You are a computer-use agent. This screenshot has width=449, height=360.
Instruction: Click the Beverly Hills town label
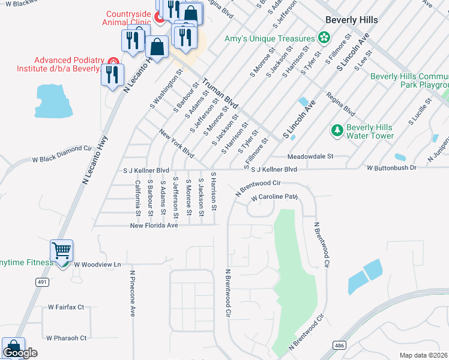pyautogui.click(x=351, y=20)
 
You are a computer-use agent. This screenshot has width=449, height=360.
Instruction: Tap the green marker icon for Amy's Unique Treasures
pyautogui.click(x=324, y=38)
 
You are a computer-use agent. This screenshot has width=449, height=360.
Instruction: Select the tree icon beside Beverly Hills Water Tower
pyautogui.click(x=337, y=130)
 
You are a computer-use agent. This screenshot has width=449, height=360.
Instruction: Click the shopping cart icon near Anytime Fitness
pyautogui.click(x=61, y=251)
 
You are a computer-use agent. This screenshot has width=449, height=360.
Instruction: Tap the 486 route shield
pyautogui.click(x=339, y=346)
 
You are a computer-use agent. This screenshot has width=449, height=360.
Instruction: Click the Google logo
pyautogui.click(x=20, y=353)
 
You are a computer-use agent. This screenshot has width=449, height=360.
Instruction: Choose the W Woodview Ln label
pyautogui.click(x=97, y=264)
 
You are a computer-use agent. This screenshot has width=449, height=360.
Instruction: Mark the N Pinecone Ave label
pyautogui.click(x=133, y=293)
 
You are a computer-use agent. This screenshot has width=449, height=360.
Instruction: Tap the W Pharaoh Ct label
pyautogui.click(x=67, y=338)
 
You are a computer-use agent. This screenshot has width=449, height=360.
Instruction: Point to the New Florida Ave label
pyautogui.click(x=155, y=226)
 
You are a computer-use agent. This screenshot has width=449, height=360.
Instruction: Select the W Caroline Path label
pyautogui.click(x=274, y=197)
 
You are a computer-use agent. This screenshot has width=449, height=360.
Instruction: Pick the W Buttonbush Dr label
pyautogui.click(x=391, y=168)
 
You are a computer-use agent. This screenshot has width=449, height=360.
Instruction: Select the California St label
pyautogui.click(x=137, y=197)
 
